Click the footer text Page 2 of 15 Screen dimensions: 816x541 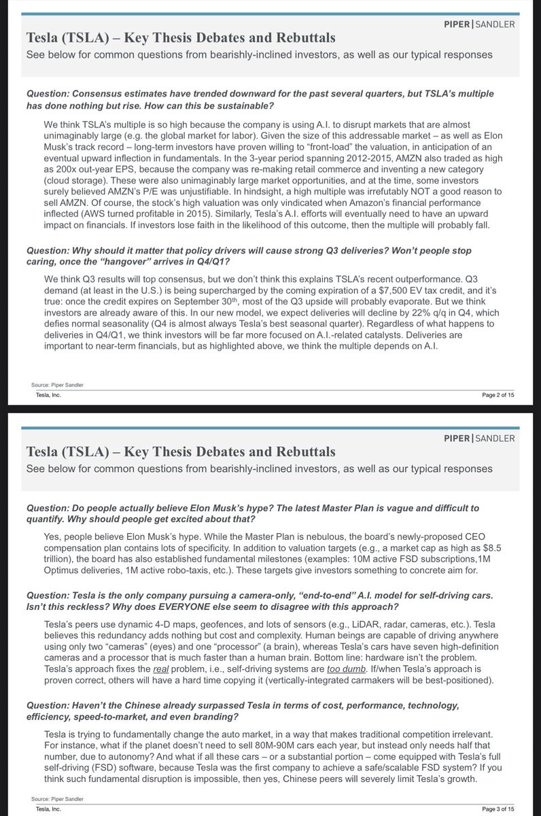[x=498, y=395]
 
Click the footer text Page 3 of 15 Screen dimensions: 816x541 [x=498, y=809]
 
